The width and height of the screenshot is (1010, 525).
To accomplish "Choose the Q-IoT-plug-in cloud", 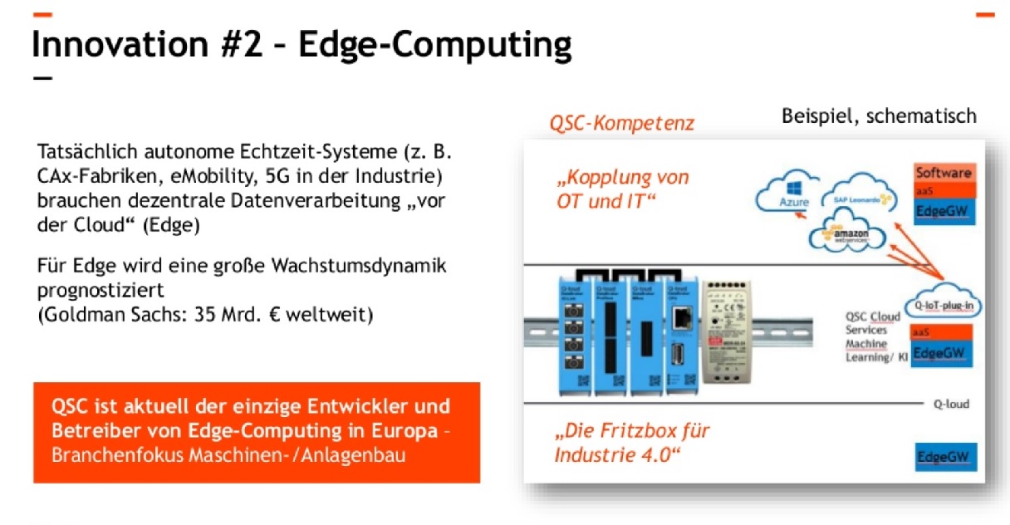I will pyautogui.click(x=945, y=304).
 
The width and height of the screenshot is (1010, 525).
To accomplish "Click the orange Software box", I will pyautogui.click(x=943, y=173).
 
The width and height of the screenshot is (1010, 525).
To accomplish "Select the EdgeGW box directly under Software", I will pyautogui.click(x=943, y=211).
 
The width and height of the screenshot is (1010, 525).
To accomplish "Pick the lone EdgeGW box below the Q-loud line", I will pyautogui.click(x=945, y=457).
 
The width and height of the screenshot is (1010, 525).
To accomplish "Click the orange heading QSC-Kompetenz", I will pyautogui.click(x=621, y=124).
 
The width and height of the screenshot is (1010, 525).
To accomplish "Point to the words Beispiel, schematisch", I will pyautogui.click(x=879, y=115).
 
